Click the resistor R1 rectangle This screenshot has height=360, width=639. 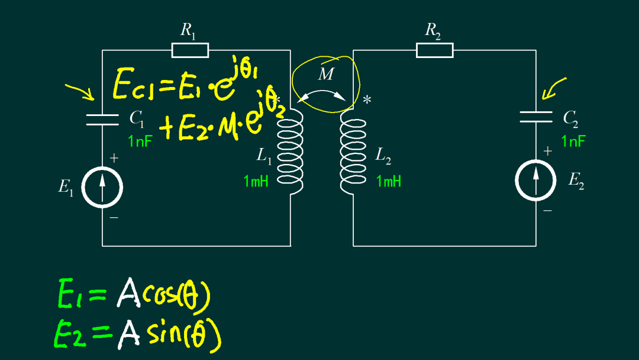tap(191, 50)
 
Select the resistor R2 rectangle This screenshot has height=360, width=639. tap(435, 50)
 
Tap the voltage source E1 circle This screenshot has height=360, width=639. tap(102, 187)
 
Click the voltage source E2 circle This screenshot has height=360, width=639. tap(535, 181)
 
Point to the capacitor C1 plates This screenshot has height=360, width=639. tap(102, 120)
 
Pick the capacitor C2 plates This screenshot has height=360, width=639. tap(536, 117)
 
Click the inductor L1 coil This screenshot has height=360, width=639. tap(290, 151)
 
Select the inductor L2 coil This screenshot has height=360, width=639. tap(353, 151)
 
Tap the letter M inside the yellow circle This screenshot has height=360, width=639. tap(325, 74)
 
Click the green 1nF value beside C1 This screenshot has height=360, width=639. tap(140, 142)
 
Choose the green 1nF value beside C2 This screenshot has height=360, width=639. tap(573, 142)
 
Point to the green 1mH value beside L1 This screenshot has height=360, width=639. tap(256, 181)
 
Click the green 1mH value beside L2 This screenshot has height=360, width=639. tap(389, 181)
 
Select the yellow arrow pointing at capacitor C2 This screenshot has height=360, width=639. tap(553, 88)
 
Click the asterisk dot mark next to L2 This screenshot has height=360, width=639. tap(367, 99)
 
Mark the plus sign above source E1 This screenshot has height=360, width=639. tap(114, 158)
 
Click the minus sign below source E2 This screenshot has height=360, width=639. tap(548, 211)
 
